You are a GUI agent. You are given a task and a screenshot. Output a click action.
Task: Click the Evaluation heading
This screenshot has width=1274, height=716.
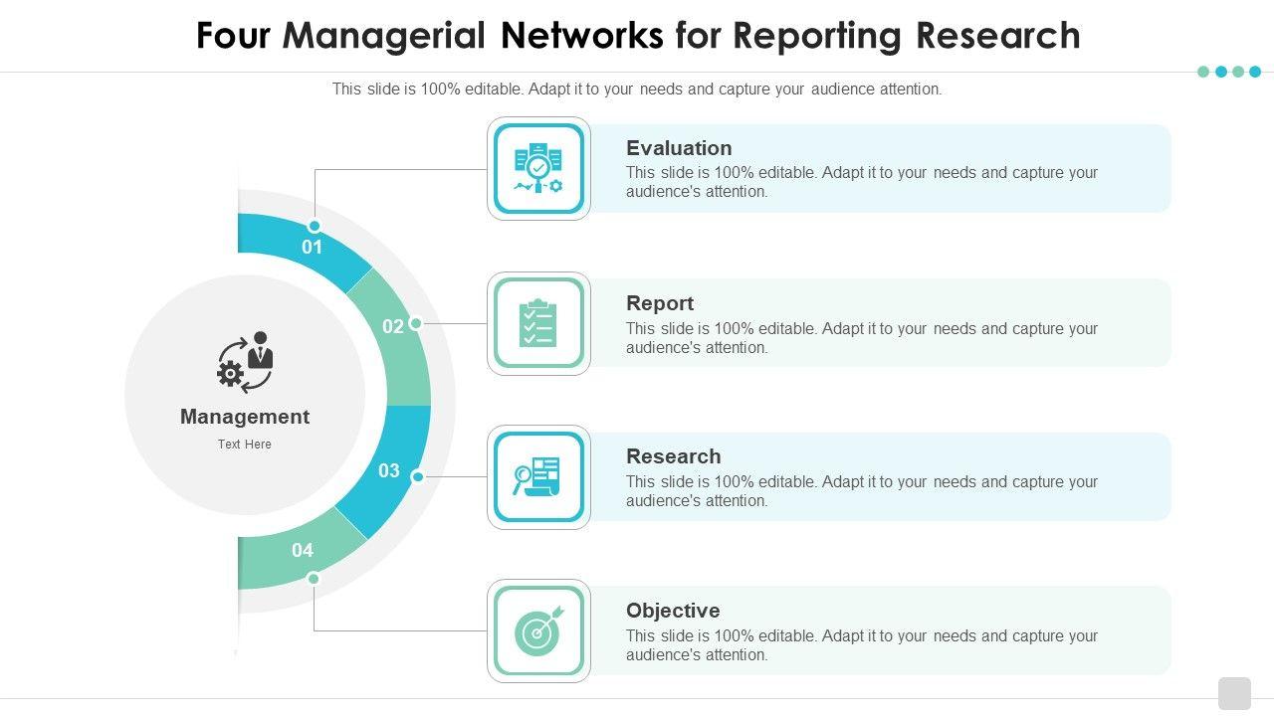point(679,148)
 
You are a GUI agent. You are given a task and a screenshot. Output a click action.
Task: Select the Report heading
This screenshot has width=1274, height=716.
point(660,303)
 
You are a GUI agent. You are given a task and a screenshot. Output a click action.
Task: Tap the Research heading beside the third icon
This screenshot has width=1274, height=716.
point(674,456)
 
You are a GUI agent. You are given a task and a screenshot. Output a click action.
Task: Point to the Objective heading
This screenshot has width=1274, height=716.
point(673,611)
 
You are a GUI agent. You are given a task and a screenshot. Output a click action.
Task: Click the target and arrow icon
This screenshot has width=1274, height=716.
point(538,630)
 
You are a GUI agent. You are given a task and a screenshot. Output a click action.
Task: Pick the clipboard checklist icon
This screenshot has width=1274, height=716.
point(538,323)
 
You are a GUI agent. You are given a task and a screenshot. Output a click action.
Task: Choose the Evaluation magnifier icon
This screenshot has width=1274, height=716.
point(538,168)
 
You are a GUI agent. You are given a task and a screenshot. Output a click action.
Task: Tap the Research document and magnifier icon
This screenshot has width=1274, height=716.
point(536,476)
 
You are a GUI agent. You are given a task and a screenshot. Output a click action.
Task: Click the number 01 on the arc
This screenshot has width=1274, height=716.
point(312,248)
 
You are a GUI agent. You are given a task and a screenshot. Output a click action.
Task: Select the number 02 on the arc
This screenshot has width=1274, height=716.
point(393,326)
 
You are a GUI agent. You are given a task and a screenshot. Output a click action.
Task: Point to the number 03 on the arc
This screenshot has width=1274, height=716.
point(389,470)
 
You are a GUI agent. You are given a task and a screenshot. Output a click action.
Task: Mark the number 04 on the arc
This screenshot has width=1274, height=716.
point(303,550)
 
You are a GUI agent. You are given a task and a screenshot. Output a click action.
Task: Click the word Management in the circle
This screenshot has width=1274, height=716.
point(245,417)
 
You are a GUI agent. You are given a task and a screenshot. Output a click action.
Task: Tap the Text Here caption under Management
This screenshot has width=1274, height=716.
point(245,445)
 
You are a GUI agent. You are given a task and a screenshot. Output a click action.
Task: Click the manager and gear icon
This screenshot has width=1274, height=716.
point(245,362)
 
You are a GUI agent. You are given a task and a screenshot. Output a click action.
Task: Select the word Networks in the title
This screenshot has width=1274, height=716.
point(582,35)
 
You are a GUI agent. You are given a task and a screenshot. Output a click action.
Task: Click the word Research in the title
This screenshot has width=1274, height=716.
point(997,35)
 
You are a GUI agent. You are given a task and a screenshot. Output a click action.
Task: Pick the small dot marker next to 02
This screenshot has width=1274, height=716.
point(416,323)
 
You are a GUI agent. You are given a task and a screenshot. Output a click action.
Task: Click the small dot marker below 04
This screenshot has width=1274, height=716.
point(314,579)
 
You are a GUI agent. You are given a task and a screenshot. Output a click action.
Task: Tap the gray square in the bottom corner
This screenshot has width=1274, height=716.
point(1235,693)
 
